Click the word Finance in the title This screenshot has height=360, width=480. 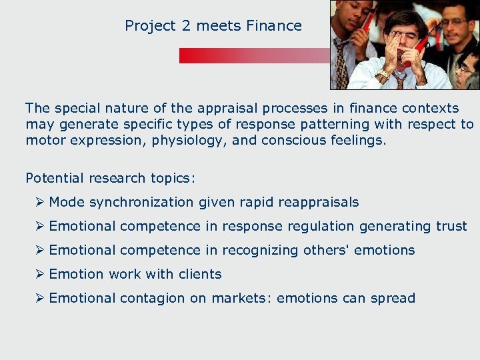pos(273,26)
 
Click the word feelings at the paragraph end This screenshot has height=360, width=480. pos(358,140)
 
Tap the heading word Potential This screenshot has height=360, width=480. pos(54,178)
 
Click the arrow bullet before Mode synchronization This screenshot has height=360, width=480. pos(41,202)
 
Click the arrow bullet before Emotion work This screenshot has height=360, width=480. pos(41,274)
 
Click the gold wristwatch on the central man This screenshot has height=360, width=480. pos(383,73)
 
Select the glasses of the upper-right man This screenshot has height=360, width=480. pos(453,22)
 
